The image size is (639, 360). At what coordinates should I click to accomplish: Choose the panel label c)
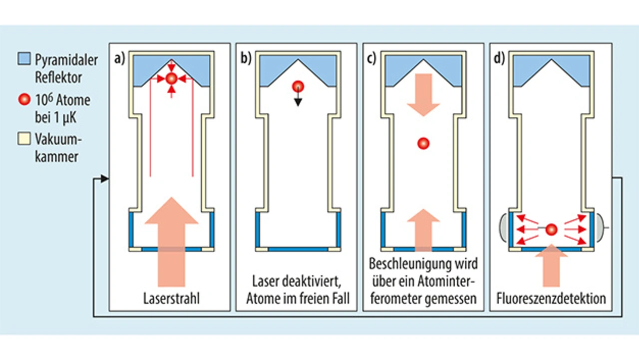372,58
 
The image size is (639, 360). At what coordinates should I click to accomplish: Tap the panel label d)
499,58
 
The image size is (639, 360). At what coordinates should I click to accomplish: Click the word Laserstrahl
171,299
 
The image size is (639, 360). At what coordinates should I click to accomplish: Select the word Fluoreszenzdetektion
551,299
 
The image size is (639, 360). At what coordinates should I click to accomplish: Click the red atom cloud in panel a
171,78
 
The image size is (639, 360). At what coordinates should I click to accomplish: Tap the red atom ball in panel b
298,86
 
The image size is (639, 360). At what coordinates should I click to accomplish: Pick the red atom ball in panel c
423,144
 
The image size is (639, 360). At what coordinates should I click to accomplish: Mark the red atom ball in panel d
551,230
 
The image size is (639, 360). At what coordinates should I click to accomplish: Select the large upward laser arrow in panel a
171,240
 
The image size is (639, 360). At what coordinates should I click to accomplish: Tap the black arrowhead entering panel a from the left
105,178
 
